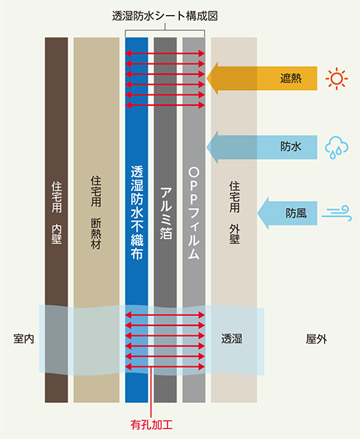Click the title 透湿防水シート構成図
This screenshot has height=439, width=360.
165,17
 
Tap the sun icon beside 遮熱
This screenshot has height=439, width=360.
336,78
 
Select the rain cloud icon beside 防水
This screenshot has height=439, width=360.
336,148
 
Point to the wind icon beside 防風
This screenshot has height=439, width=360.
336,213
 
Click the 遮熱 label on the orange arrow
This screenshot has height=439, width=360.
291,78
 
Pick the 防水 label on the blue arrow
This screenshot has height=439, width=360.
291,147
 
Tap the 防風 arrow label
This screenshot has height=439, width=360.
296,213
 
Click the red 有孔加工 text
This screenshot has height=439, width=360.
151,425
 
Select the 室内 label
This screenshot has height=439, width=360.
24,339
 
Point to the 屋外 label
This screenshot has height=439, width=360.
316,339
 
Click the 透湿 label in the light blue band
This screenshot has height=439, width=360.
232,338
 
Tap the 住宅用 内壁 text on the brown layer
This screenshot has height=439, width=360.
57,213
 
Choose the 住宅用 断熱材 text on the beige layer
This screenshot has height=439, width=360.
96,212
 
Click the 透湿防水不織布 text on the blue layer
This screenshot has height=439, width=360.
137,212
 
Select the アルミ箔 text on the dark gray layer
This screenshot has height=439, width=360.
166,213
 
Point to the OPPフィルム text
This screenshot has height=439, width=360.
194,213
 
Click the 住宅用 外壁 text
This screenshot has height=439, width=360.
235,212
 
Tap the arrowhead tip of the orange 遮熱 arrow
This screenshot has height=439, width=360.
207,78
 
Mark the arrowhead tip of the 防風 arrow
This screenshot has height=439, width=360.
258,213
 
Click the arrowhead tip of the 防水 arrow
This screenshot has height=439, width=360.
207,148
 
